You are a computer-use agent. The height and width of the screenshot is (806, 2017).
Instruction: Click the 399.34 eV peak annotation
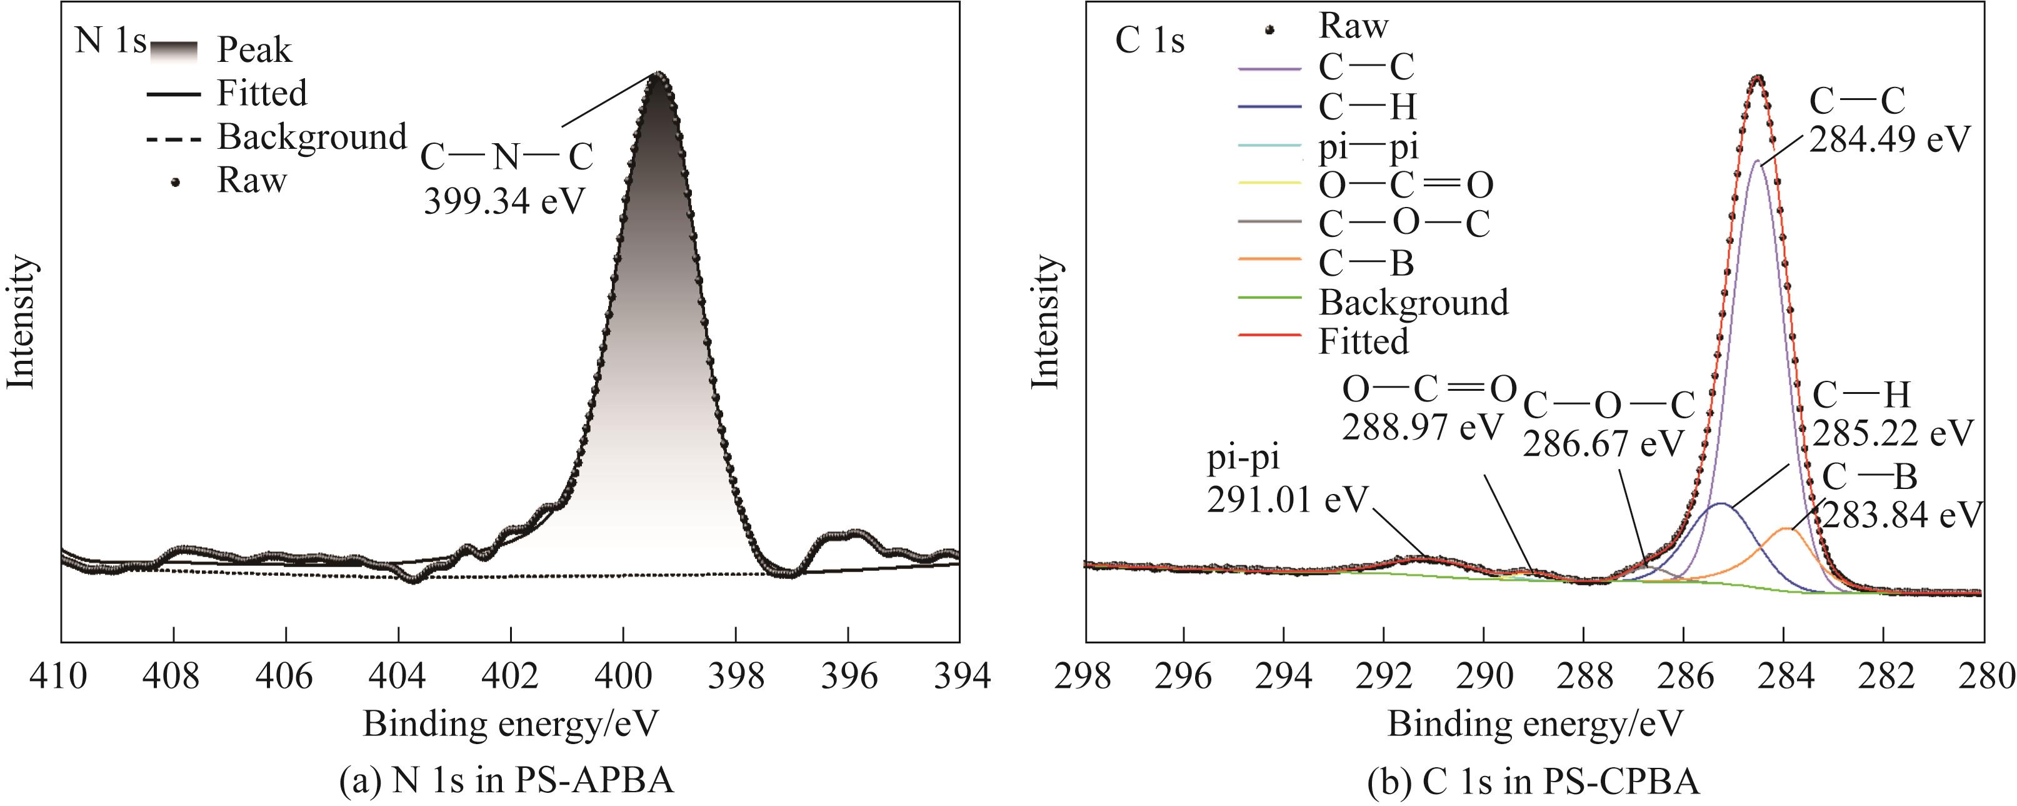tap(504, 201)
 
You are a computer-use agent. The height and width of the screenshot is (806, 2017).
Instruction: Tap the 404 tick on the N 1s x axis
tap(398, 675)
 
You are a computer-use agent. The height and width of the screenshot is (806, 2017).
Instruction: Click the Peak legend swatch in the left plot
tap(174, 50)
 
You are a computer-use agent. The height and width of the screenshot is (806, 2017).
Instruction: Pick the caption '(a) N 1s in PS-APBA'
tap(507, 781)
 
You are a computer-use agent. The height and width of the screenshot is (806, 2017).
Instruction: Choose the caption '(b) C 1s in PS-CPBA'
tap(1533, 781)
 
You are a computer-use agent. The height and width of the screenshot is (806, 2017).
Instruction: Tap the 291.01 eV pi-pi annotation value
tap(1287, 499)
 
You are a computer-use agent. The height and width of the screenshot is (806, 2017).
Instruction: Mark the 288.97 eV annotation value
tap(1423, 428)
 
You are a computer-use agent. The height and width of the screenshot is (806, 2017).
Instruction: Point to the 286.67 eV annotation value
tap(1603, 443)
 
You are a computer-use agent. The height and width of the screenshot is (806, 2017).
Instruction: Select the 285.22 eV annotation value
tap(1893, 432)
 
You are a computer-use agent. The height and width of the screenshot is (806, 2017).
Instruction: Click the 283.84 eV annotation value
tap(1902, 515)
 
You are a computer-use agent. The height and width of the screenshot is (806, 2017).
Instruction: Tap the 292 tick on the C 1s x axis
tap(1384, 675)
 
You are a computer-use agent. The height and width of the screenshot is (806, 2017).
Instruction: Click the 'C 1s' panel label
tap(1149, 41)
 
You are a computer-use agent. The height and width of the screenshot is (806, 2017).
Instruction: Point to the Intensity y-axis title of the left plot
tap(22, 321)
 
